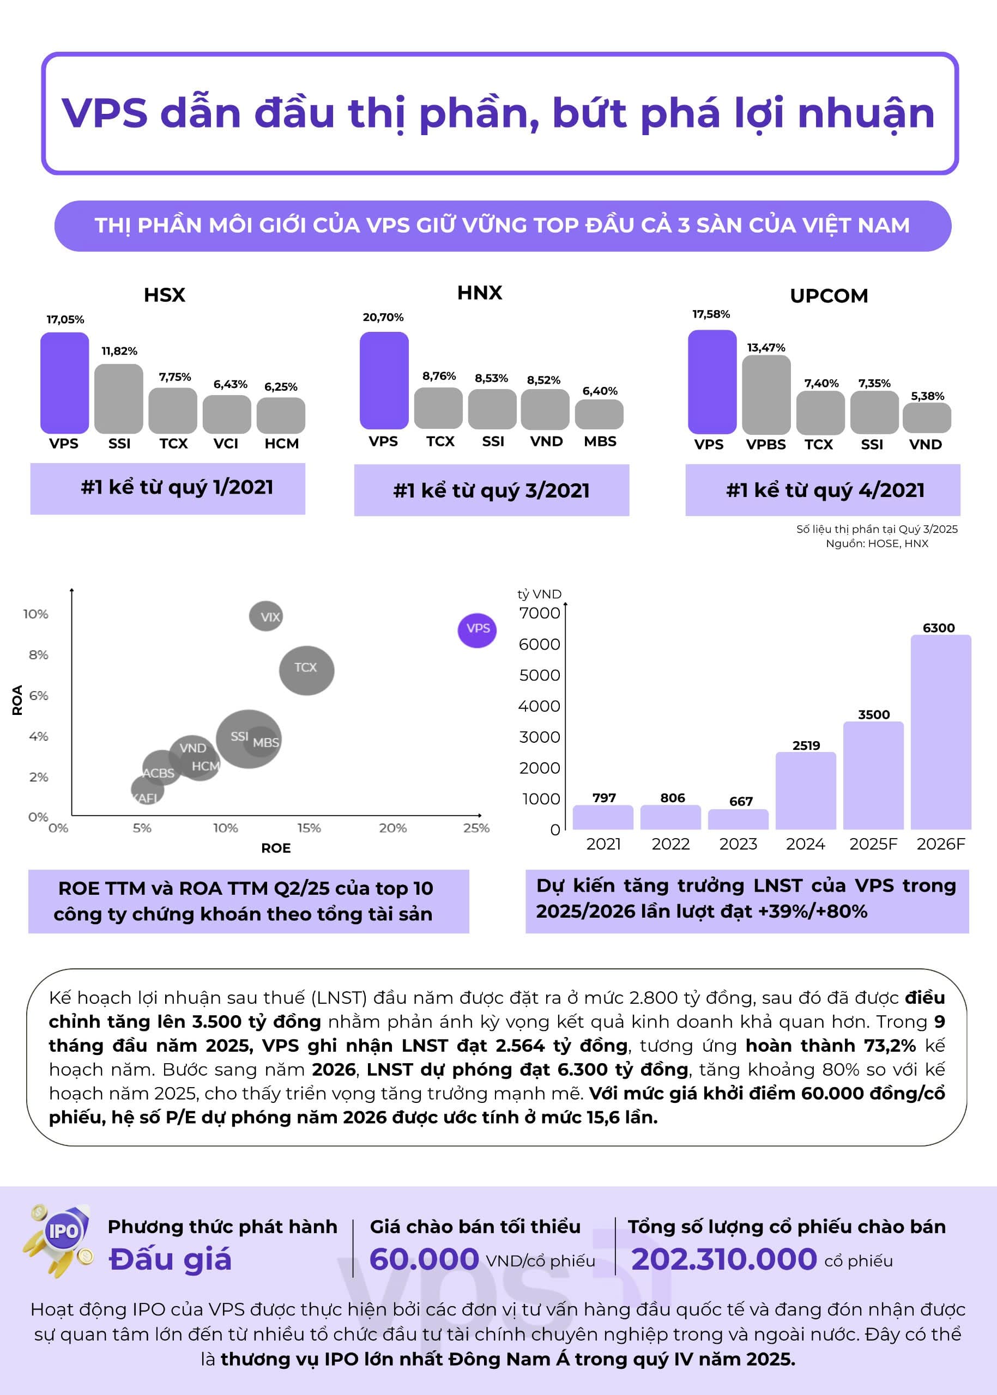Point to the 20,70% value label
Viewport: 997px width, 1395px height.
point(383,317)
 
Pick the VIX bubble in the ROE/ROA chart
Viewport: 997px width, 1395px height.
point(266,616)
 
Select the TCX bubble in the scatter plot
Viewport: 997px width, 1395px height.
point(306,670)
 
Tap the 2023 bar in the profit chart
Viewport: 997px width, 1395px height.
point(738,820)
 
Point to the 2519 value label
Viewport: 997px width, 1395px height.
point(806,745)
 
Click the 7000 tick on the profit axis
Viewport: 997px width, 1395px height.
point(540,613)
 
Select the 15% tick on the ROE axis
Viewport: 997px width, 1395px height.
point(309,828)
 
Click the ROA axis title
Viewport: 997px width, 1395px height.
point(17,700)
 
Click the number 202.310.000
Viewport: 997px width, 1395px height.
point(724,1259)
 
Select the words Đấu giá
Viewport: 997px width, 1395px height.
point(170,1259)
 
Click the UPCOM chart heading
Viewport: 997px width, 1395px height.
point(829,296)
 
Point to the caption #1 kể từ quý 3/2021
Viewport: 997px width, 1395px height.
point(491,490)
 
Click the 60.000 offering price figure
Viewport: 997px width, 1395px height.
point(424,1259)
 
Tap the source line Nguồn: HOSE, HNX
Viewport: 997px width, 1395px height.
point(877,543)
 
